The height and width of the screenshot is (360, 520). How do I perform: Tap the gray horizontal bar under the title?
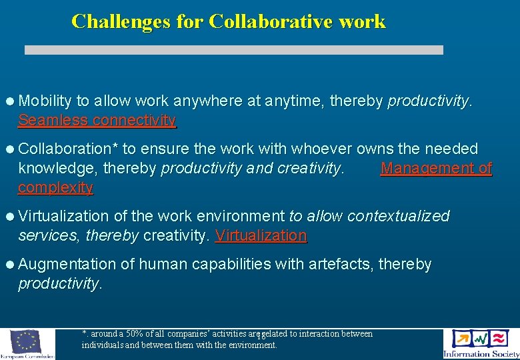(x=233, y=50)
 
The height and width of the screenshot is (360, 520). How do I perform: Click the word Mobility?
(x=45, y=101)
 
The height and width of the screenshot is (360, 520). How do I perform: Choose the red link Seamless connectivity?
(x=97, y=120)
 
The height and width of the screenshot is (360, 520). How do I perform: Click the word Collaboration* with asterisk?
(x=68, y=149)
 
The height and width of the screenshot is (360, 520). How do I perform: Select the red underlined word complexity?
(x=55, y=187)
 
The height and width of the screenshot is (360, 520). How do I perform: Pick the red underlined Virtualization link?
(x=261, y=235)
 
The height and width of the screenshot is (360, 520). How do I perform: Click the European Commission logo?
(x=27, y=344)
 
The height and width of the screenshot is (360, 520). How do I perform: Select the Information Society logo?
(x=481, y=344)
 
